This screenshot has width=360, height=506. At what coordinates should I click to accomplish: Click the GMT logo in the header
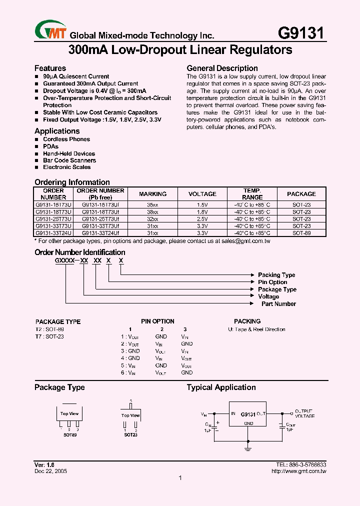point(50,31)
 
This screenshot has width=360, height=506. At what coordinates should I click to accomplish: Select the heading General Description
point(222,68)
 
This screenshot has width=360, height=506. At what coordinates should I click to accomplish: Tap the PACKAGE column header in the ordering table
point(301,194)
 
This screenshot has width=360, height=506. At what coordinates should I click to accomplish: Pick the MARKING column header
point(152,194)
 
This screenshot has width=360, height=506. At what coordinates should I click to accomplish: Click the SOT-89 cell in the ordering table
point(301,233)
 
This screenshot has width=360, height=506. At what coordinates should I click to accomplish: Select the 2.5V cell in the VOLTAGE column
point(202,219)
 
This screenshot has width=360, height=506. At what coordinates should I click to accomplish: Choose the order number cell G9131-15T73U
point(53,205)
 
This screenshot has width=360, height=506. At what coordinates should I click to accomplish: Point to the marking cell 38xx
point(152,212)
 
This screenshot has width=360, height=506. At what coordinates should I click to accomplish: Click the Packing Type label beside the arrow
point(276,275)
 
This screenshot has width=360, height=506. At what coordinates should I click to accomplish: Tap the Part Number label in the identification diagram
point(278,304)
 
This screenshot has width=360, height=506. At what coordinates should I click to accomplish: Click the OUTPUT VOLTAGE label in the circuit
point(304,413)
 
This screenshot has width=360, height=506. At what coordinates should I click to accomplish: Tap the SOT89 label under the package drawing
point(69,435)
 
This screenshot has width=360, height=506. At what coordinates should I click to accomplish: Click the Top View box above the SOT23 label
point(130,415)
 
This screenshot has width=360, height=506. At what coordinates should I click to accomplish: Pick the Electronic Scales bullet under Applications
point(66,167)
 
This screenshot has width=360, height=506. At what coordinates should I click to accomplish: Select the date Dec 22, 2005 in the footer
point(50,471)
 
